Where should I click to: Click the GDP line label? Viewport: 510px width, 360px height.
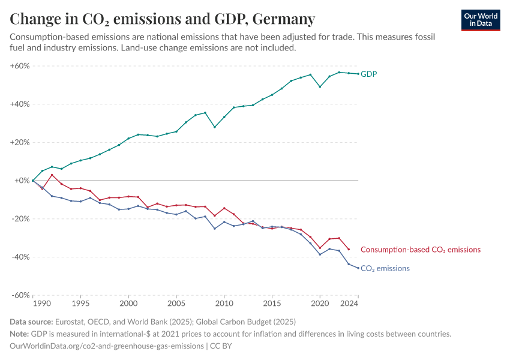[x=368, y=74]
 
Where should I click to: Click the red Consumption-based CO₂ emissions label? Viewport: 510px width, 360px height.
[x=420, y=250]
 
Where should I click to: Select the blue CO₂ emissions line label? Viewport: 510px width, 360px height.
[x=385, y=268]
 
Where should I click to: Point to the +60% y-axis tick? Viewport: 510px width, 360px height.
[x=20, y=65]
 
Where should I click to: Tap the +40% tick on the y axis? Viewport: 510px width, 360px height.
[x=20, y=104]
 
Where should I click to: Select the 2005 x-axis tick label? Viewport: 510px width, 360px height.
[x=176, y=305]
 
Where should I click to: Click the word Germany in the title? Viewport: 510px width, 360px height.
[x=284, y=19]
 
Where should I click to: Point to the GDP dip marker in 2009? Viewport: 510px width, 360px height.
[x=214, y=127]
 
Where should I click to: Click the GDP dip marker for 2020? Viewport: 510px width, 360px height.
[x=320, y=86]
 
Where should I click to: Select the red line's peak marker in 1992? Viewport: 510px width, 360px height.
[x=52, y=175]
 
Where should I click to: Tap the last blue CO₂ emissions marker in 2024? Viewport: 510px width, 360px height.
[x=358, y=268]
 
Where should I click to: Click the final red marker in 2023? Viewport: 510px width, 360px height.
[x=349, y=250]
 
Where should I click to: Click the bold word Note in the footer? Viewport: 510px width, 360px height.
[x=20, y=334]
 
